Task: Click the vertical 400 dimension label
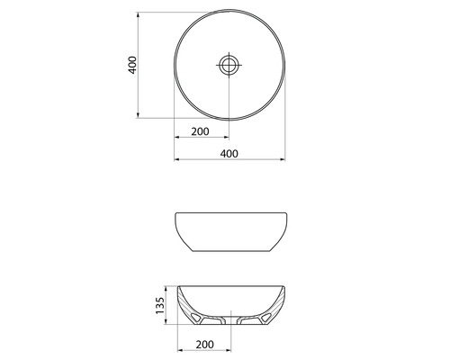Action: click(x=132, y=65)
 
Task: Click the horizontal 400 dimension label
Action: click(x=229, y=153)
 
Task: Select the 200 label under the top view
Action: click(x=201, y=132)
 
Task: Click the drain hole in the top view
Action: click(x=229, y=64)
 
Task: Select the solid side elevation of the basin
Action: click(x=229, y=232)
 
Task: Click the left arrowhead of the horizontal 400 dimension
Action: click(x=176, y=160)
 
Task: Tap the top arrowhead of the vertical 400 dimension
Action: click(x=139, y=14)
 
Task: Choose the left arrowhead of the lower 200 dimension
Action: click(x=177, y=351)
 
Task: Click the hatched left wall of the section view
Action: click(x=186, y=306)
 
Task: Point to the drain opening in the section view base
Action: click(x=229, y=319)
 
